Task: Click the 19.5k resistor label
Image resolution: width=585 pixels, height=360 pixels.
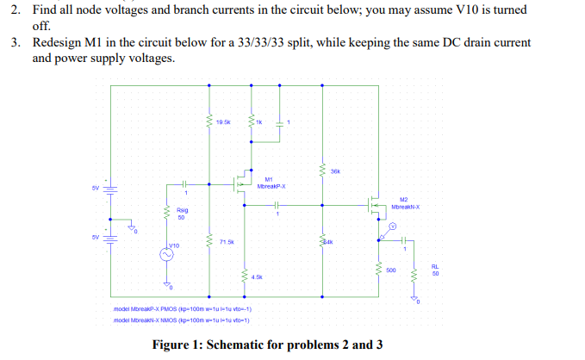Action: (x=223, y=123)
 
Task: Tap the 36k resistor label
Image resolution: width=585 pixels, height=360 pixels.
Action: (x=335, y=172)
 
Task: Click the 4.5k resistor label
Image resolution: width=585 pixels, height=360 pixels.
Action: (x=257, y=277)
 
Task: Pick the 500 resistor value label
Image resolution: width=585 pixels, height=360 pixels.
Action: (x=391, y=270)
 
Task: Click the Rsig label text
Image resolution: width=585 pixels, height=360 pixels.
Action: (x=183, y=210)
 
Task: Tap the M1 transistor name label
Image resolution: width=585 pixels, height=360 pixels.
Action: (x=269, y=179)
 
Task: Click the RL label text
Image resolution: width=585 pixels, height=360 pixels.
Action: (x=435, y=266)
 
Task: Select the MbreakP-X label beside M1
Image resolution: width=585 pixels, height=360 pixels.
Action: (x=271, y=186)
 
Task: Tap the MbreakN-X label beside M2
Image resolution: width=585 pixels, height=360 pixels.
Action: (x=405, y=207)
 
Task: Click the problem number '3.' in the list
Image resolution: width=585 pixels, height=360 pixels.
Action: (x=16, y=42)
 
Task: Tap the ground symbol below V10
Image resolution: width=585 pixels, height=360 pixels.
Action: (x=168, y=284)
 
